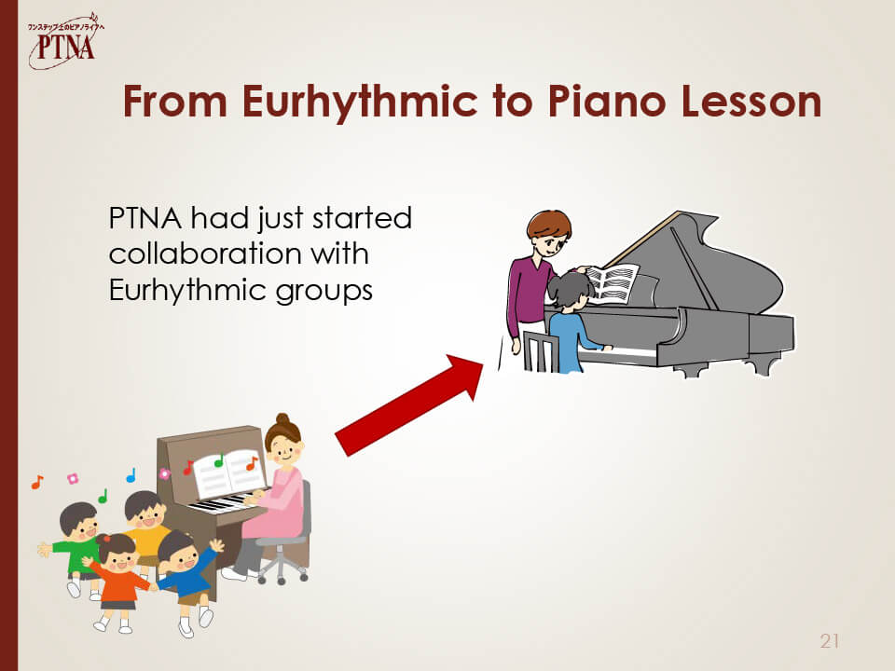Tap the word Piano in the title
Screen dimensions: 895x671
coord(606,101)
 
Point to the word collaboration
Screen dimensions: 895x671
coord(205,253)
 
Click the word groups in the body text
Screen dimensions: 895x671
coord(324,292)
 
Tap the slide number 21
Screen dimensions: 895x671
coord(830,641)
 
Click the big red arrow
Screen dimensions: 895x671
coord(409,404)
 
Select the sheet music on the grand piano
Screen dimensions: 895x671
coord(613,283)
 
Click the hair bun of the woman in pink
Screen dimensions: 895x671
coord(282,419)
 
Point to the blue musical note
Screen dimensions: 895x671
coord(131,474)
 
